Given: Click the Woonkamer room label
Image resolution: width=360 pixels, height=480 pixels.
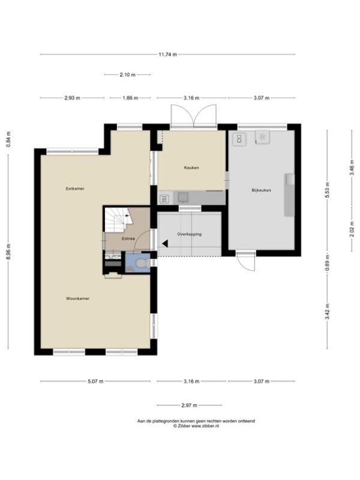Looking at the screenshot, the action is (78, 298).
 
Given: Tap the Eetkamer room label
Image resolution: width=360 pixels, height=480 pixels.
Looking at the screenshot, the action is (75, 188).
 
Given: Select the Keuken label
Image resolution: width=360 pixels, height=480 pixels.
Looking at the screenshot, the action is (191, 168).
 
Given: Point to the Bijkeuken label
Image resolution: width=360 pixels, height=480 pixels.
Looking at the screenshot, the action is (262, 190).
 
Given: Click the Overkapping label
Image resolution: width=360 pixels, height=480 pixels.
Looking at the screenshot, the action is (190, 234).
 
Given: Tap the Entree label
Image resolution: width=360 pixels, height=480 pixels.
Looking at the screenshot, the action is (128, 238).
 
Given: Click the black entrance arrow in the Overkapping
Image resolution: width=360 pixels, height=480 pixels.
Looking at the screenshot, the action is (165, 244).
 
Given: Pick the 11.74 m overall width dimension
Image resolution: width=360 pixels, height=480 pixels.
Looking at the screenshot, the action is (168, 55).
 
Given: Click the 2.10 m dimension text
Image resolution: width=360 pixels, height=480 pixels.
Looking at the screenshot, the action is (128, 74).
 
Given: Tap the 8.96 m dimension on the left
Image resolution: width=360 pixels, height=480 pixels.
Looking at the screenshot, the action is (8, 251).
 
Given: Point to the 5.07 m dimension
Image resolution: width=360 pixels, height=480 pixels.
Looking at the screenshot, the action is (95, 382).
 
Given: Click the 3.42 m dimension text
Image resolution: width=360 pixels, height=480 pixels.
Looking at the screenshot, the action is (327, 311).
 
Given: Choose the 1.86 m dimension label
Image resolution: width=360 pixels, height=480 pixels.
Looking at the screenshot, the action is (130, 98).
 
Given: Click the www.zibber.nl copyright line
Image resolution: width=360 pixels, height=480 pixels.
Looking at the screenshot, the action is (196, 425).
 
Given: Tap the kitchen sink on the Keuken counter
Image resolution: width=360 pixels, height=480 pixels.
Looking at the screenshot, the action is (184, 197).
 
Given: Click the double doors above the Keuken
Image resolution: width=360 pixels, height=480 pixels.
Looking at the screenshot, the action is (194, 116).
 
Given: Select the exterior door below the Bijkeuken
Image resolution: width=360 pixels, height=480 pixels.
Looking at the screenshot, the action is (246, 261).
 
